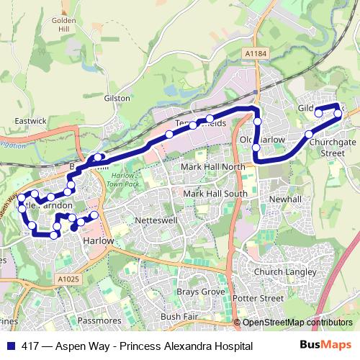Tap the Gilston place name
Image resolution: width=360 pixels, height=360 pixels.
117,98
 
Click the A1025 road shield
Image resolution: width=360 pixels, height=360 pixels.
68,279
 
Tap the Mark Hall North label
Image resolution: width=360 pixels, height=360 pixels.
213,167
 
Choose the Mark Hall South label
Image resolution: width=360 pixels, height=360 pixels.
215,194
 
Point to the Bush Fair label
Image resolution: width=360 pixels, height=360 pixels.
179,316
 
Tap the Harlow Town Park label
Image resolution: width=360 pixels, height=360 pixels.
116,181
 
